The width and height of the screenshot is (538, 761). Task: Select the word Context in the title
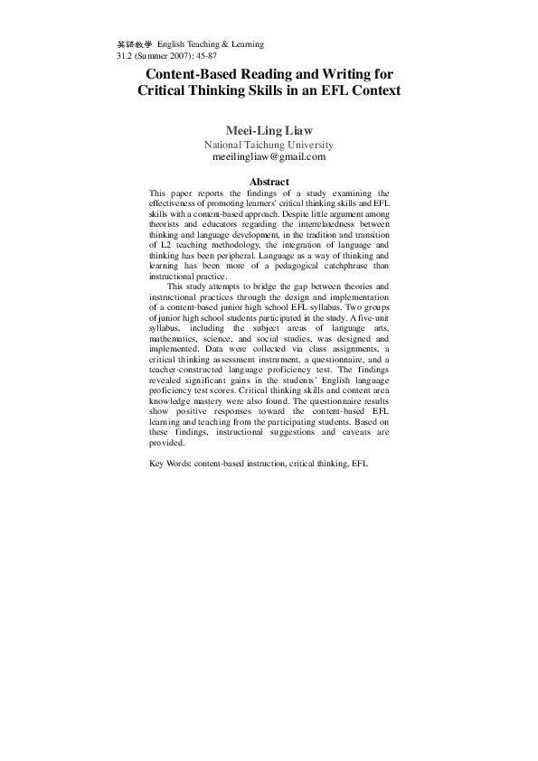pyautogui.click(x=372, y=91)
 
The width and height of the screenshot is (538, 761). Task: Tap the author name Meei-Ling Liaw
pyautogui.click(x=269, y=131)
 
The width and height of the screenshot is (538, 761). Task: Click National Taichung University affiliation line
pyautogui.click(x=269, y=145)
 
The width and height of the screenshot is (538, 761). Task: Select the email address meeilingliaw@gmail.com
pyautogui.click(x=269, y=156)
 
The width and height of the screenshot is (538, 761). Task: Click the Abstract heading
pyautogui.click(x=269, y=183)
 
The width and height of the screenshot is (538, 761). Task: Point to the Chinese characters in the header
pyautogui.click(x=135, y=43)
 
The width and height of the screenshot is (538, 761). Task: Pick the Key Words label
pyautogui.click(x=169, y=464)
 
